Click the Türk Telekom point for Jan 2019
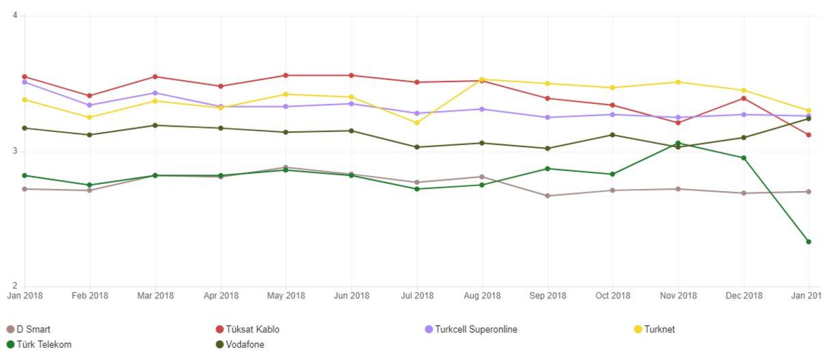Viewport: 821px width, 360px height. pyautogui.click(x=808, y=242)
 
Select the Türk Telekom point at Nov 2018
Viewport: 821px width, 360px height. pyautogui.click(x=678, y=143)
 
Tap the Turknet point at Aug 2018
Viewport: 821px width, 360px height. pyautogui.click(x=482, y=79)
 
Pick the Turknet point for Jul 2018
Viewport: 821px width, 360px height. pyautogui.click(x=417, y=123)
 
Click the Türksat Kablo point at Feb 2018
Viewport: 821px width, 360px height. pyautogui.click(x=90, y=96)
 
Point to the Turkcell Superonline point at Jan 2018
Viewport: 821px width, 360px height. pyautogui.click(x=25, y=82)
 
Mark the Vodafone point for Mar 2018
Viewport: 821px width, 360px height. pyautogui.click(x=155, y=125)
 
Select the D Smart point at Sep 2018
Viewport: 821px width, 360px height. pyautogui.click(x=547, y=196)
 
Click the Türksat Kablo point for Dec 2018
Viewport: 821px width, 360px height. pyautogui.click(x=743, y=99)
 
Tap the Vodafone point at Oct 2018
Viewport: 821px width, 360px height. pyautogui.click(x=612, y=135)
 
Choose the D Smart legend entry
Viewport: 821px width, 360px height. pyautogui.click(x=28, y=329)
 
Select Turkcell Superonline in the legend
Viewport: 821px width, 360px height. pyautogui.click(x=471, y=329)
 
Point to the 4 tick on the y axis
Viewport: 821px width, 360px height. pyautogui.click(x=14, y=16)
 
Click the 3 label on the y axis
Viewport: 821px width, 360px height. pyautogui.click(x=14, y=151)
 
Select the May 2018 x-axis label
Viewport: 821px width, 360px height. pyautogui.click(x=286, y=296)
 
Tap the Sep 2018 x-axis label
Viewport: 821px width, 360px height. pyautogui.click(x=547, y=296)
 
